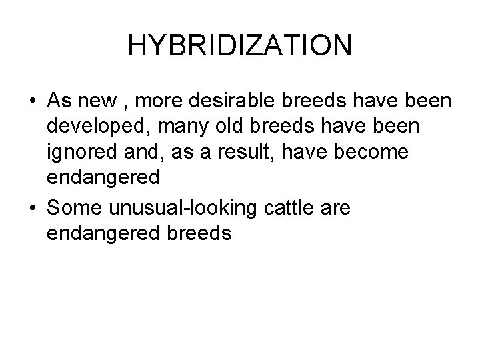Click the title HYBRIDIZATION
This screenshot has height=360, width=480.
[x=239, y=46]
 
